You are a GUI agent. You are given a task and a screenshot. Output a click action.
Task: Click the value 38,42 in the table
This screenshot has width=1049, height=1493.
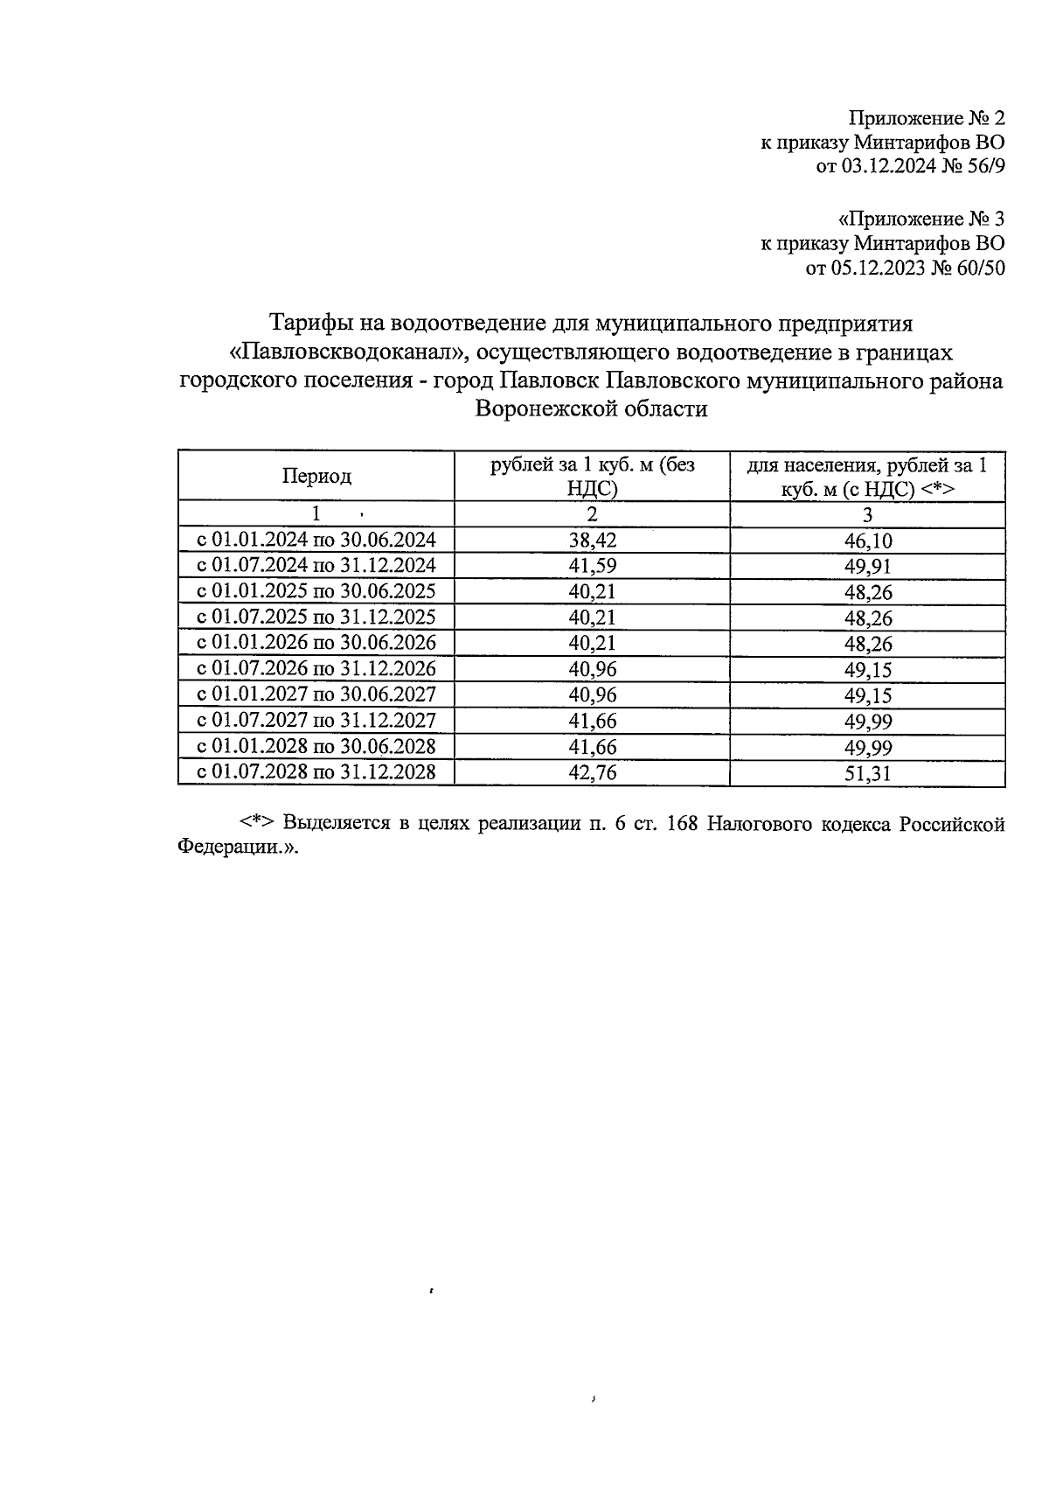(x=592, y=541)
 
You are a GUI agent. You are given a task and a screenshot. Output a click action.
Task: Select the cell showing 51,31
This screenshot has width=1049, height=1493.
(x=867, y=773)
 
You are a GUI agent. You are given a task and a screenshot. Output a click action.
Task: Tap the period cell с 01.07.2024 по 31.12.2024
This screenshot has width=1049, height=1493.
(x=316, y=566)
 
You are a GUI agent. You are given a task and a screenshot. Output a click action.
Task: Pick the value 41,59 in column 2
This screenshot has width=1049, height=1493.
(x=592, y=566)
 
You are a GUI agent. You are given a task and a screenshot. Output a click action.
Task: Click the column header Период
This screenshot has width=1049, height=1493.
(x=316, y=477)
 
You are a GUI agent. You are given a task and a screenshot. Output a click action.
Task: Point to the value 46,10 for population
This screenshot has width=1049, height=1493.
(x=867, y=541)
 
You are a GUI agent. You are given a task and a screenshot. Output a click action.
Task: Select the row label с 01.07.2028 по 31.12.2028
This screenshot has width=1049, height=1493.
(x=316, y=773)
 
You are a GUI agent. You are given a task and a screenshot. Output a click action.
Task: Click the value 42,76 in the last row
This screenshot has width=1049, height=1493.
(x=592, y=773)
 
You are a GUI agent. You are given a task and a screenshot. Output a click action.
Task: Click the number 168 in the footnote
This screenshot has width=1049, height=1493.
(x=681, y=825)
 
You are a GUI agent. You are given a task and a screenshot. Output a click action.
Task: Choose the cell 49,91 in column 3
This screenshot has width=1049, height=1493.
(x=867, y=566)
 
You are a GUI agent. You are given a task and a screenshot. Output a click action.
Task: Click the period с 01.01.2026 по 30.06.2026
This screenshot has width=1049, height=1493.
(x=316, y=644)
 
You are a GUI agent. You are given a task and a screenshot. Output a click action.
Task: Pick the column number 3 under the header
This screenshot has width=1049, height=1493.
(x=867, y=514)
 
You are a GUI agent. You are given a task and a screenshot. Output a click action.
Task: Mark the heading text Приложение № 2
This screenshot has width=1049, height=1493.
(x=927, y=118)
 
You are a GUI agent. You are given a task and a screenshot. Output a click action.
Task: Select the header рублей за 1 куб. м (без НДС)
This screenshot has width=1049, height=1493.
(x=592, y=477)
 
